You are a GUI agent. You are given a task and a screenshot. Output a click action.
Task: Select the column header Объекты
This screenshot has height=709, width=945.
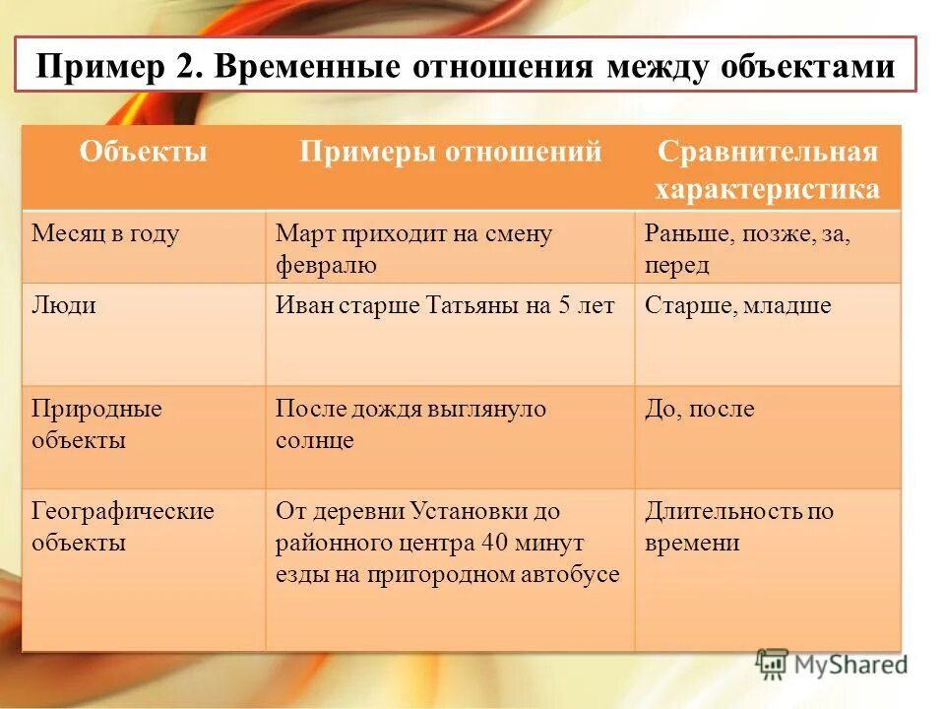[144, 152]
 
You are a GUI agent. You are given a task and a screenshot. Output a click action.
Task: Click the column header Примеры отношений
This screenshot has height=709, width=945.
[450, 152]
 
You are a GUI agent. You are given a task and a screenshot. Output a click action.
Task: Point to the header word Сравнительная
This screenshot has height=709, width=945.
[767, 153]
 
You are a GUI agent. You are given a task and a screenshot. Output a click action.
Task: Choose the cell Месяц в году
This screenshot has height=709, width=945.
[105, 234]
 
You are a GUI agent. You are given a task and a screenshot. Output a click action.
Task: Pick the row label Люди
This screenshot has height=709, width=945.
[64, 305]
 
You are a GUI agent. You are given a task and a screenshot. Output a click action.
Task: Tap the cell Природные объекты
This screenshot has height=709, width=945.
[96, 423]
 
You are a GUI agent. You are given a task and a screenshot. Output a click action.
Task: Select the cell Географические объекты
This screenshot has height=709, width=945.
[122, 527]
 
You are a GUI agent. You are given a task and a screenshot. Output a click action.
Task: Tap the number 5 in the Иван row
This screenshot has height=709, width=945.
[565, 305]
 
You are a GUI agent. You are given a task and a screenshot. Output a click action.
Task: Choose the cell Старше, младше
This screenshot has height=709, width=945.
[737, 305]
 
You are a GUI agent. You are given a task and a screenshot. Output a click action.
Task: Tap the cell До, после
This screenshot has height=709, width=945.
[699, 408]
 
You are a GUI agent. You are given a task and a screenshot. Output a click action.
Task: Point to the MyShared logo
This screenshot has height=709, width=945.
[832, 664]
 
